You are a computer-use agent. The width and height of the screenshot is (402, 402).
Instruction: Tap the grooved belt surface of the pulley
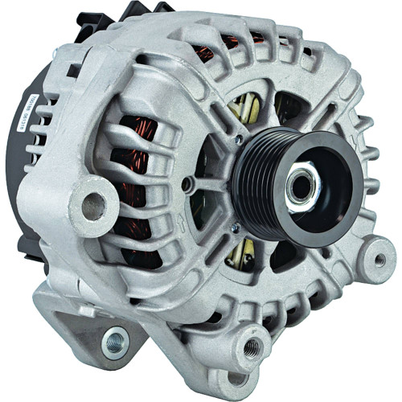coord(256,172)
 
